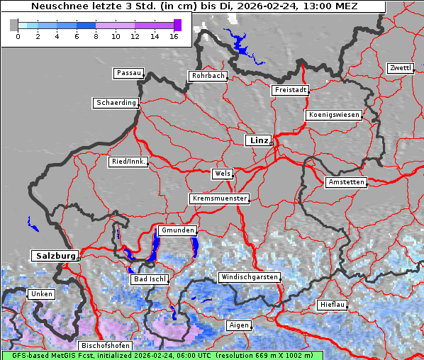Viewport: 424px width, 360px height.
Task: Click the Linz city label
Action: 258,140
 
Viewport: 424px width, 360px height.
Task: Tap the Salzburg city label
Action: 54,255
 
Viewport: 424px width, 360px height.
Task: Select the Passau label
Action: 128,73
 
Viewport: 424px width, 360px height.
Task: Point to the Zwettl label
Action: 400,68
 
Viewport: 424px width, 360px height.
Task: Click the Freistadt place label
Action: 290,90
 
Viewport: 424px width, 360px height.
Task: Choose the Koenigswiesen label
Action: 334,115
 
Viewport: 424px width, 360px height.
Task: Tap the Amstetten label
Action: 346,182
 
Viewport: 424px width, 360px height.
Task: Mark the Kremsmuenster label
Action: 219,198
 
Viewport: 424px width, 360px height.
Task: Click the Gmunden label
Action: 177,230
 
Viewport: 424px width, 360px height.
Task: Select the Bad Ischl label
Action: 149,279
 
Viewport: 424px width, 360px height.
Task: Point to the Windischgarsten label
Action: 248,277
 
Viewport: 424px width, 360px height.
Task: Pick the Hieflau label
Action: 333,304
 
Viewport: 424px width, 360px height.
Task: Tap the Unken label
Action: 40,294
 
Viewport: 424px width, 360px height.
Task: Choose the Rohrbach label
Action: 207,76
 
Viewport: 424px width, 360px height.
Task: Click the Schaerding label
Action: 116,103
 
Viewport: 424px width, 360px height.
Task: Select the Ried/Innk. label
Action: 128,162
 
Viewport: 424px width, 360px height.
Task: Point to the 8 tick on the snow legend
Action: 96,35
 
